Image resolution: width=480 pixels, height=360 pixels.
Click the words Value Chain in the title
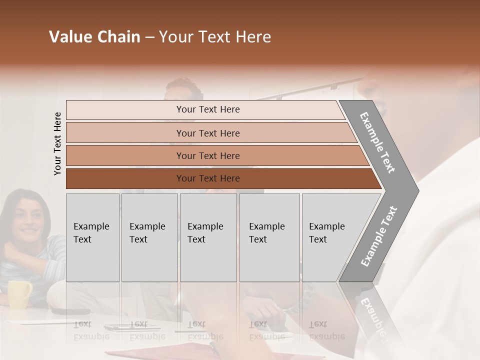[x=94, y=37]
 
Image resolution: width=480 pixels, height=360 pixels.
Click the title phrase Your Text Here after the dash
[x=215, y=37]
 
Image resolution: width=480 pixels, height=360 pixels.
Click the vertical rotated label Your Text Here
[x=57, y=143]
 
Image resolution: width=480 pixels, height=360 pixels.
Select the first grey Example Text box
[x=92, y=237]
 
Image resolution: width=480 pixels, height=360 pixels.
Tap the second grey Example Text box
[x=149, y=237]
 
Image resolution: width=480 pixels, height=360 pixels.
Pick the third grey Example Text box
[x=208, y=237]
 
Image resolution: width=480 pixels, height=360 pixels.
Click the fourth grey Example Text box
[x=269, y=237]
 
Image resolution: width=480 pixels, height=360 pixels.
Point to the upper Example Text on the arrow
[x=377, y=142]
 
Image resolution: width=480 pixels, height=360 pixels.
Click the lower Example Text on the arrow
[x=378, y=236]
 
